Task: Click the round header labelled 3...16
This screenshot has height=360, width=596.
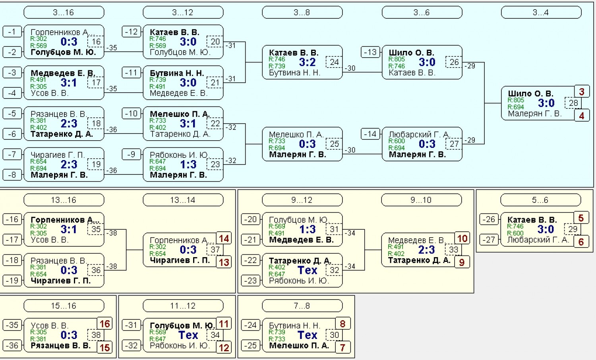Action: click(64, 12)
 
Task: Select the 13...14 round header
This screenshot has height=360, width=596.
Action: click(183, 200)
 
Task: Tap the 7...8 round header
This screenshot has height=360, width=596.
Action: click(302, 306)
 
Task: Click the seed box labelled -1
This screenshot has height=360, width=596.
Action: click(12, 32)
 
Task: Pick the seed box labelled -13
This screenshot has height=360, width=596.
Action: click(370, 52)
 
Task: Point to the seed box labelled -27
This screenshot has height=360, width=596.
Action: click(489, 240)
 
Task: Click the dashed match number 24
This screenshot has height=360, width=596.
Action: click(334, 62)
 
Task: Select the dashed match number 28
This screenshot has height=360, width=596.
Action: click(573, 103)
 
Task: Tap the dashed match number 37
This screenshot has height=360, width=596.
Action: click(215, 250)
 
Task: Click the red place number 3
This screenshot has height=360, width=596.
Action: click(582, 92)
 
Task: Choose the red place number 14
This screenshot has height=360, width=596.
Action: click(224, 238)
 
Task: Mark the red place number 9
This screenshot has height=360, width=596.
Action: click(462, 262)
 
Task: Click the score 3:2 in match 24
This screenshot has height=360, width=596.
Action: click(307, 62)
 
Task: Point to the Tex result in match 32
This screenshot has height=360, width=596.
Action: click(307, 270)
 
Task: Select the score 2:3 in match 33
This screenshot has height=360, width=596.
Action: click(426, 250)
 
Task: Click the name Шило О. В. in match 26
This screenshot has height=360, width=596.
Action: click(411, 53)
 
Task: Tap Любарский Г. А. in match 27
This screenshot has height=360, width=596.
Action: click(419, 134)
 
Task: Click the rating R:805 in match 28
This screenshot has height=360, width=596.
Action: click(516, 100)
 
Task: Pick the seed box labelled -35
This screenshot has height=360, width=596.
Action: click(12, 325)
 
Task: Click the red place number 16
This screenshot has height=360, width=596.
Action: click(104, 324)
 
